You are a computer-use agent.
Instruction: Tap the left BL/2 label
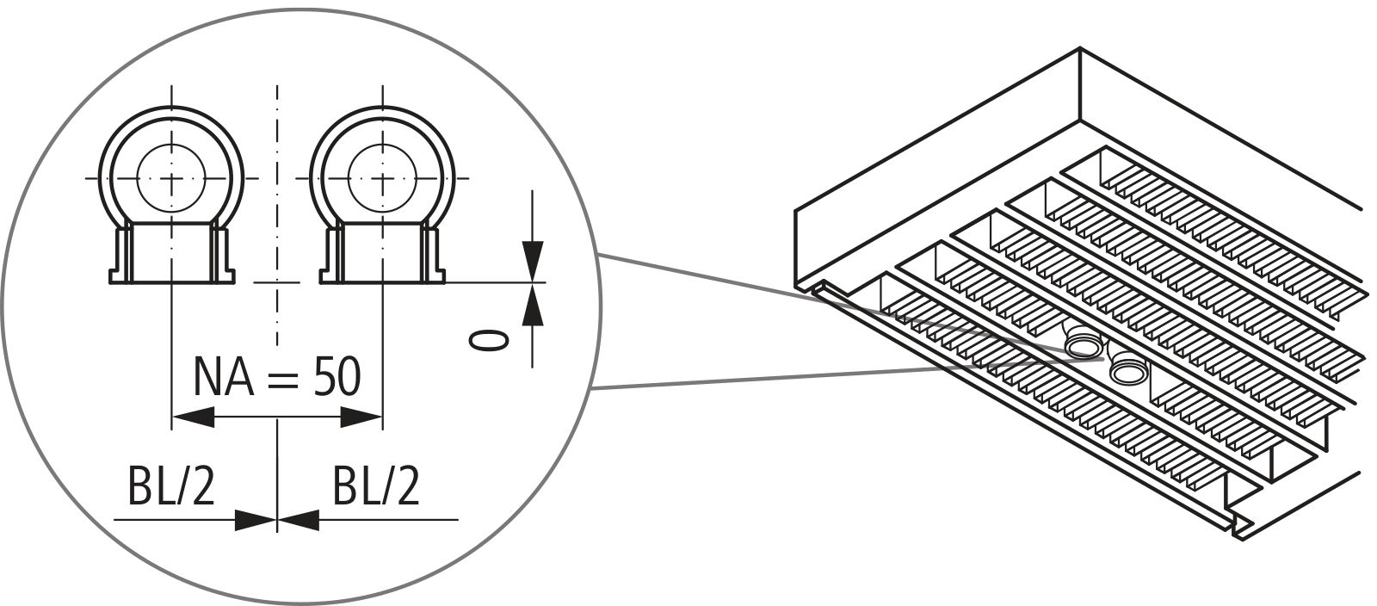point(170,489)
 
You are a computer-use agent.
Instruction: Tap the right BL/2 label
point(376,489)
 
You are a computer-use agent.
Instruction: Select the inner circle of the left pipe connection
point(172,178)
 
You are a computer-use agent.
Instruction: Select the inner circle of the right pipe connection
point(382,178)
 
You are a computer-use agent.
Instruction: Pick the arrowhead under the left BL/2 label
point(256,519)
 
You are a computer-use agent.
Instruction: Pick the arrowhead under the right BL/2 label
point(298,519)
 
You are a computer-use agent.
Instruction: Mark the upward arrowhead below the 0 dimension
point(534,303)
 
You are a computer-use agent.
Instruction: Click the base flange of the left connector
point(172,277)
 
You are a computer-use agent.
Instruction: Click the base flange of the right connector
point(382,277)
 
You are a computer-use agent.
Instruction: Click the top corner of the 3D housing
point(1080,50)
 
